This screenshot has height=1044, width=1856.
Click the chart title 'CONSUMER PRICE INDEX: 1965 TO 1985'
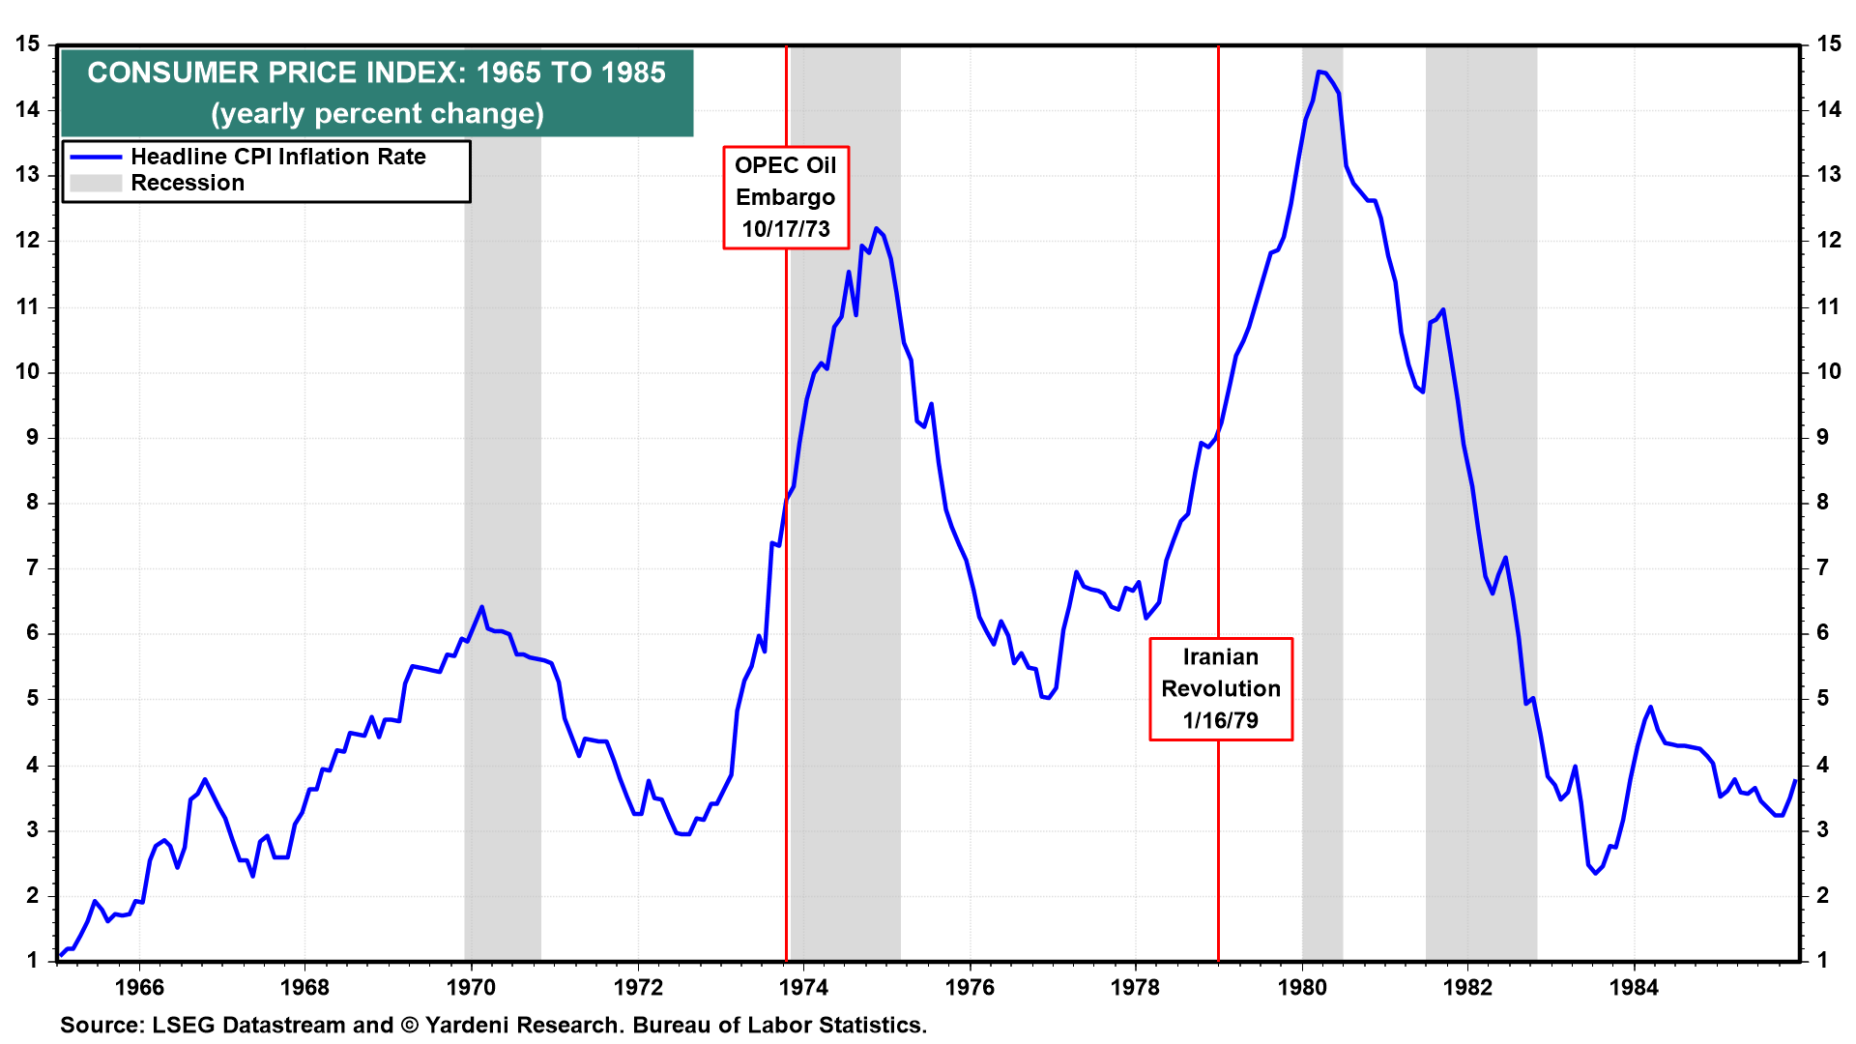[376, 72]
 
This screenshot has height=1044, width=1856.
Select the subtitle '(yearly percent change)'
[377, 114]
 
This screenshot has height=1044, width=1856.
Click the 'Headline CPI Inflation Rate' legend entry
[277, 157]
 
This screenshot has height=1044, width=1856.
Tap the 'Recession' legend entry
[188, 183]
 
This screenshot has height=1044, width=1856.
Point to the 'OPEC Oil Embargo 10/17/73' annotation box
[785, 197]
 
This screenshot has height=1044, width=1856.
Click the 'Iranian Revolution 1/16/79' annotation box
[1220, 688]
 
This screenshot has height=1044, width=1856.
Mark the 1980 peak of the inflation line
[1319, 72]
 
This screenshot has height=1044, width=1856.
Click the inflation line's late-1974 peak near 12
[877, 229]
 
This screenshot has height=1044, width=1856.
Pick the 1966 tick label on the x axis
[139, 987]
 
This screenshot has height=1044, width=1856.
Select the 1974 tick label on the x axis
[803, 987]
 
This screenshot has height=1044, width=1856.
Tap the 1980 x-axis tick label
[1302, 987]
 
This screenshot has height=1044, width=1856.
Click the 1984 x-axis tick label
[1634, 987]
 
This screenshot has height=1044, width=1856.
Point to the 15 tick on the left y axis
[27, 43]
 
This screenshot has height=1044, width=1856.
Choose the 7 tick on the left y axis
[33, 567]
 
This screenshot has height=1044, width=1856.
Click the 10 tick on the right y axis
[1828, 371]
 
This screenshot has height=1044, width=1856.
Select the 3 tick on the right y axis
[1822, 829]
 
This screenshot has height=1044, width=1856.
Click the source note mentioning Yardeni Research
[493, 1025]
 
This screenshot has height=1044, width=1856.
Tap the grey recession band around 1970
[503, 483]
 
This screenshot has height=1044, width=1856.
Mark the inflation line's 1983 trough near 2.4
[1595, 873]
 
